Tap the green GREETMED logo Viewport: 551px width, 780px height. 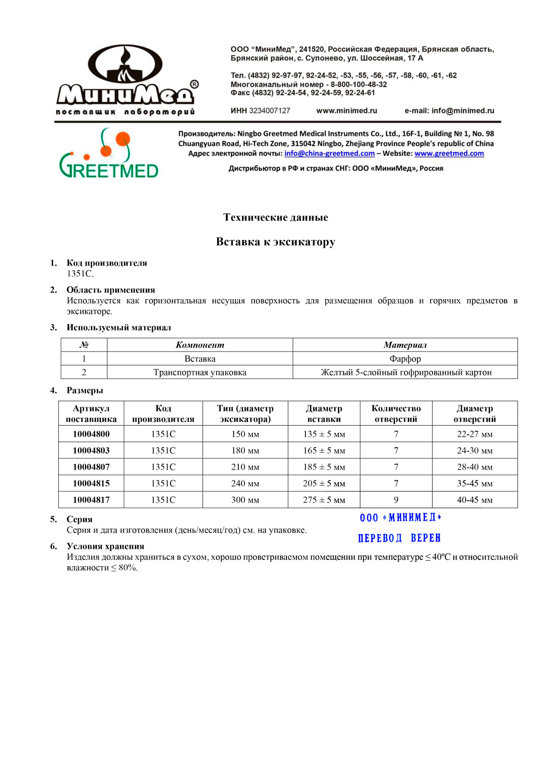[x=109, y=154]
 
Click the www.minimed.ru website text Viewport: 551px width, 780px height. [x=347, y=111]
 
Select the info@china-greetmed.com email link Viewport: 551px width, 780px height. [x=329, y=154]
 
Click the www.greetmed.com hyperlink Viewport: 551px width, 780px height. [x=449, y=154]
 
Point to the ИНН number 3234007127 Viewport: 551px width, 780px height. [x=270, y=111]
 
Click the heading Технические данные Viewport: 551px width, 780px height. [x=275, y=217]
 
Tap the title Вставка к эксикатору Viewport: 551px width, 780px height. [x=275, y=242]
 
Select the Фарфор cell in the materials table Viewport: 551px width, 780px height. [x=405, y=359]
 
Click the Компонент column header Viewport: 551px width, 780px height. [x=200, y=345]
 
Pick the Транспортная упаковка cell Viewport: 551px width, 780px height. [x=200, y=372]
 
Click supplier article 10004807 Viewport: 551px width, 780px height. [x=91, y=467]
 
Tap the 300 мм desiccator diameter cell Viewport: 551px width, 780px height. [x=245, y=500]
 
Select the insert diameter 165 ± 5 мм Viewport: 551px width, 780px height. [x=324, y=450]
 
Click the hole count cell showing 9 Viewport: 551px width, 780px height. [x=396, y=500]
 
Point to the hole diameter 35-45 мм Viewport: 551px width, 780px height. [x=475, y=484]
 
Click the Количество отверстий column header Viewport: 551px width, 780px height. [x=396, y=414]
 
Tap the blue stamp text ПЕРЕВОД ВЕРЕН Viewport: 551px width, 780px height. [x=399, y=538]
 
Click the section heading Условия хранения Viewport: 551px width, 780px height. [x=106, y=547]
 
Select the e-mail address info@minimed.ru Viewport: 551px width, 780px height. [x=463, y=111]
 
